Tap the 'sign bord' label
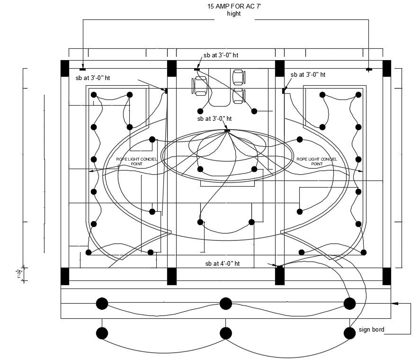[371, 330]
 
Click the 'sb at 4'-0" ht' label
[222, 263]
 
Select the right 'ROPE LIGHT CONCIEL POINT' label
[317, 161]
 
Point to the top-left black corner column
[65, 68]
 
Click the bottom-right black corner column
[387, 276]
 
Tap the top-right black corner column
[387, 68]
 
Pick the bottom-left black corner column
[65, 276]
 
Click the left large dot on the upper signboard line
[102, 303]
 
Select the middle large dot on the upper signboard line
[225, 303]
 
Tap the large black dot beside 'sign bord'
[349, 333]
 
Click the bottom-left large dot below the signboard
[102, 333]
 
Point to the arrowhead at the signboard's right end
[394, 303]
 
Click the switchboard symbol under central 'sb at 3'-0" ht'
[227, 130]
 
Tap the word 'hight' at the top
[234, 14]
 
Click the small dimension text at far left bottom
[18, 274]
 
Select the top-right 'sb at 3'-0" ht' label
[308, 75]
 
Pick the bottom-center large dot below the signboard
[225, 333]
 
